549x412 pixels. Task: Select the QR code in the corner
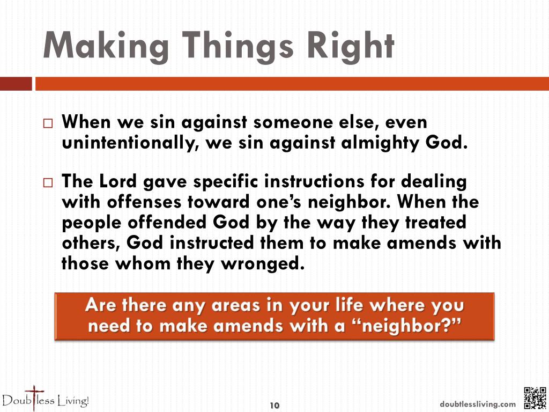[x=534, y=398]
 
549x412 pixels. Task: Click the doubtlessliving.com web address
[x=478, y=404]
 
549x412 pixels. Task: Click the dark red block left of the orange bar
[x=16, y=84]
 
